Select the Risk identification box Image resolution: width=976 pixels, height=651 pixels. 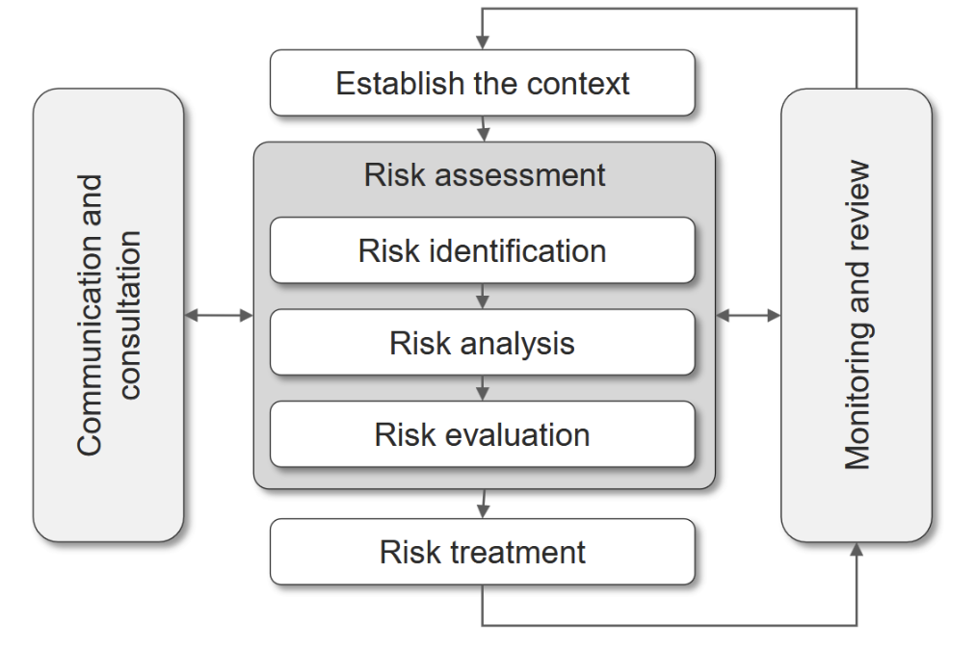tap(482, 250)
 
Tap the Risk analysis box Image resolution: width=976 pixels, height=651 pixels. tap(482, 343)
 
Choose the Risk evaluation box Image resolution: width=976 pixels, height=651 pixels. tap(482, 434)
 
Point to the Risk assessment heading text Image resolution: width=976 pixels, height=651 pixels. tap(485, 175)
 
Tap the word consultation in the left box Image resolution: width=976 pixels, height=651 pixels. tap(128, 314)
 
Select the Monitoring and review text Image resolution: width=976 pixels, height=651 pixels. tap(857, 315)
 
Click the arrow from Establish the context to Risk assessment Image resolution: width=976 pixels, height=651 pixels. tap(483, 129)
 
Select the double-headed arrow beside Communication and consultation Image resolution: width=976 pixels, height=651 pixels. tap(218, 315)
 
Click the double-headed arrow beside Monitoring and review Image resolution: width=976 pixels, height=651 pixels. tap(749, 315)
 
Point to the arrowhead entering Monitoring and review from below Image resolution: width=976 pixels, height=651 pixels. tap(856, 549)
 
